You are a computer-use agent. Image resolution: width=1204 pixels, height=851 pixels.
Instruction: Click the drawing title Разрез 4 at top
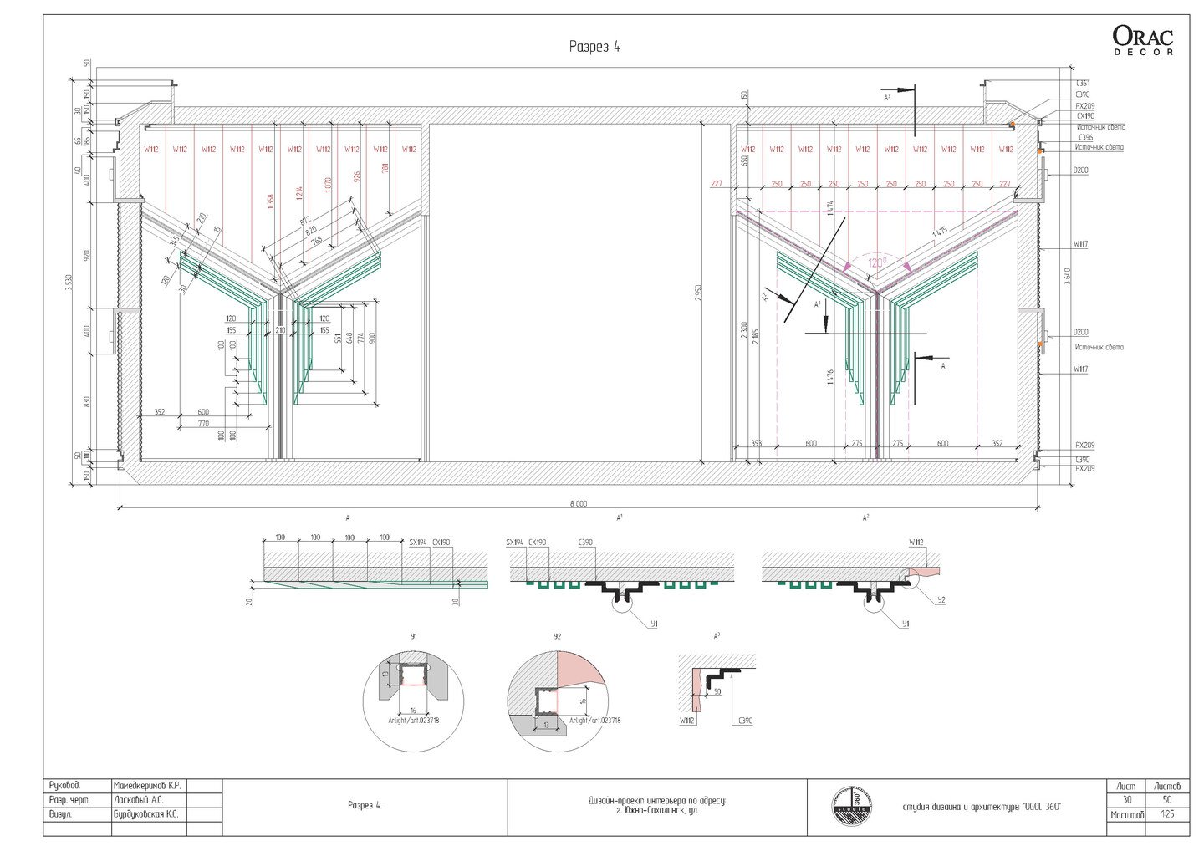point(594,47)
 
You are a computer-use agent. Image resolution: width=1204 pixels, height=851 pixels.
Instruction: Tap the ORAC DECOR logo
point(1142,39)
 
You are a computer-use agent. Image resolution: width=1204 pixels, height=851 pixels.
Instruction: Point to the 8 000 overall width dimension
point(579,503)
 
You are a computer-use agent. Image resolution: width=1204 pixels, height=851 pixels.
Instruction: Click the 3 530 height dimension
point(69,284)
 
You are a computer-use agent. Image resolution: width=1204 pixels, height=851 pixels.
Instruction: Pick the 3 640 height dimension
point(1066,276)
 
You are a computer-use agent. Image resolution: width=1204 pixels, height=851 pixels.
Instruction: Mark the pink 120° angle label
point(876,262)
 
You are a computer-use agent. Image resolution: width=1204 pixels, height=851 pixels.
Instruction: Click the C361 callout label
point(1083,84)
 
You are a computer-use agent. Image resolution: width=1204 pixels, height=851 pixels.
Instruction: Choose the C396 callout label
point(1085,137)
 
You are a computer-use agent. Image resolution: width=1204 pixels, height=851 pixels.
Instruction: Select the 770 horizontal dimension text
point(203,425)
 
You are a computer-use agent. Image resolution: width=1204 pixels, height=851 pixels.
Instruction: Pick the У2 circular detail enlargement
point(558,693)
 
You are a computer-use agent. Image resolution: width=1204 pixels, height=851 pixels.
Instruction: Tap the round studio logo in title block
point(851,807)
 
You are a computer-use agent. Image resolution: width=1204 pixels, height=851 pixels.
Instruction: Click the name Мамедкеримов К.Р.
point(146,786)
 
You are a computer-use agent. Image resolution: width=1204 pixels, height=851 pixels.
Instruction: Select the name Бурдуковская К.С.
point(148,813)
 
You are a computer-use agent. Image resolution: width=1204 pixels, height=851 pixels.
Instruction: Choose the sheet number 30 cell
point(1127,800)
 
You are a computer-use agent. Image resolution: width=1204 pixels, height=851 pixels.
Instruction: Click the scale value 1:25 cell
point(1168,814)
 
